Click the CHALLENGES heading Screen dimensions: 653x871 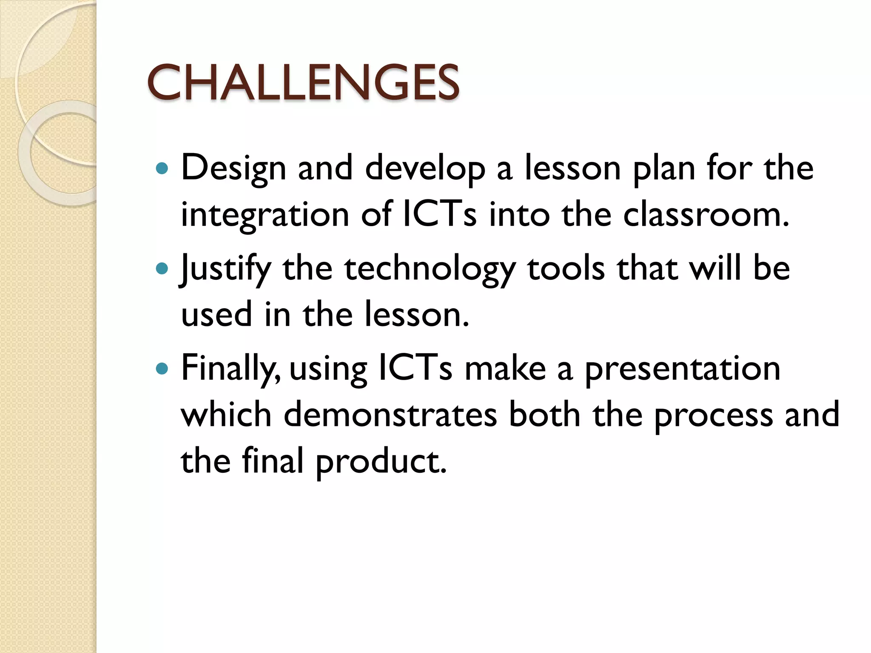point(303,82)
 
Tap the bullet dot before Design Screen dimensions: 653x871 point(162,169)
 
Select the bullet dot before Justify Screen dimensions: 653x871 point(162,269)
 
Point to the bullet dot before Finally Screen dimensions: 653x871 point(162,368)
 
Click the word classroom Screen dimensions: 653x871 point(706,214)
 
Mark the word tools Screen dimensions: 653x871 point(566,269)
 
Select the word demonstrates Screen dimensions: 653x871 point(390,415)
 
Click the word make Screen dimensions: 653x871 point(505,368)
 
